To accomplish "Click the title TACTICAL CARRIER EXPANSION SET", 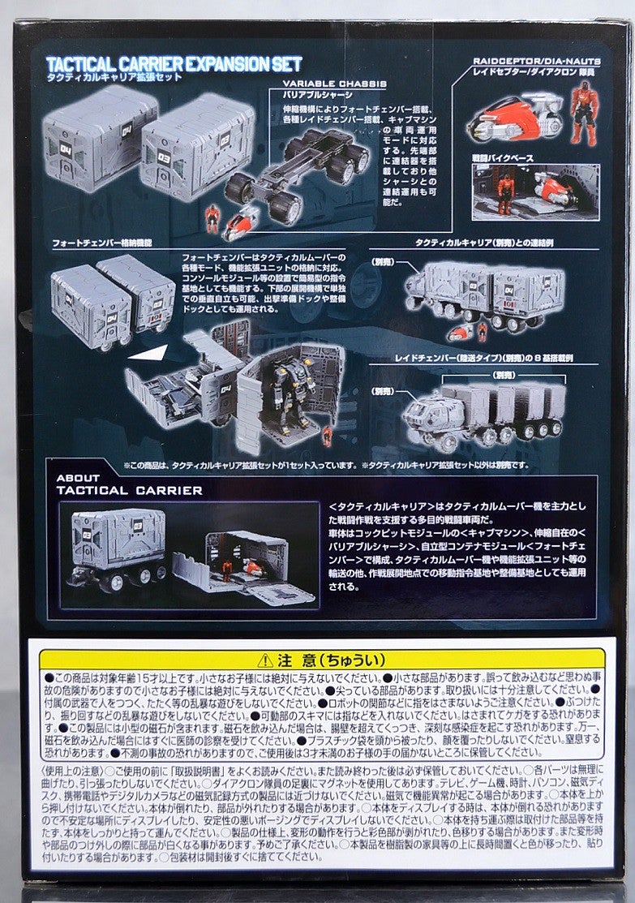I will click(x=174, y=63).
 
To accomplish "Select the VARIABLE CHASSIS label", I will click(x=334, y=84).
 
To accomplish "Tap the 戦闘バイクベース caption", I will click(x=504, y=158).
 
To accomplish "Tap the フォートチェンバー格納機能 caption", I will click(x=102, y=243).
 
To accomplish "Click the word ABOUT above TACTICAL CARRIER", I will click(x=79, y=479).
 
